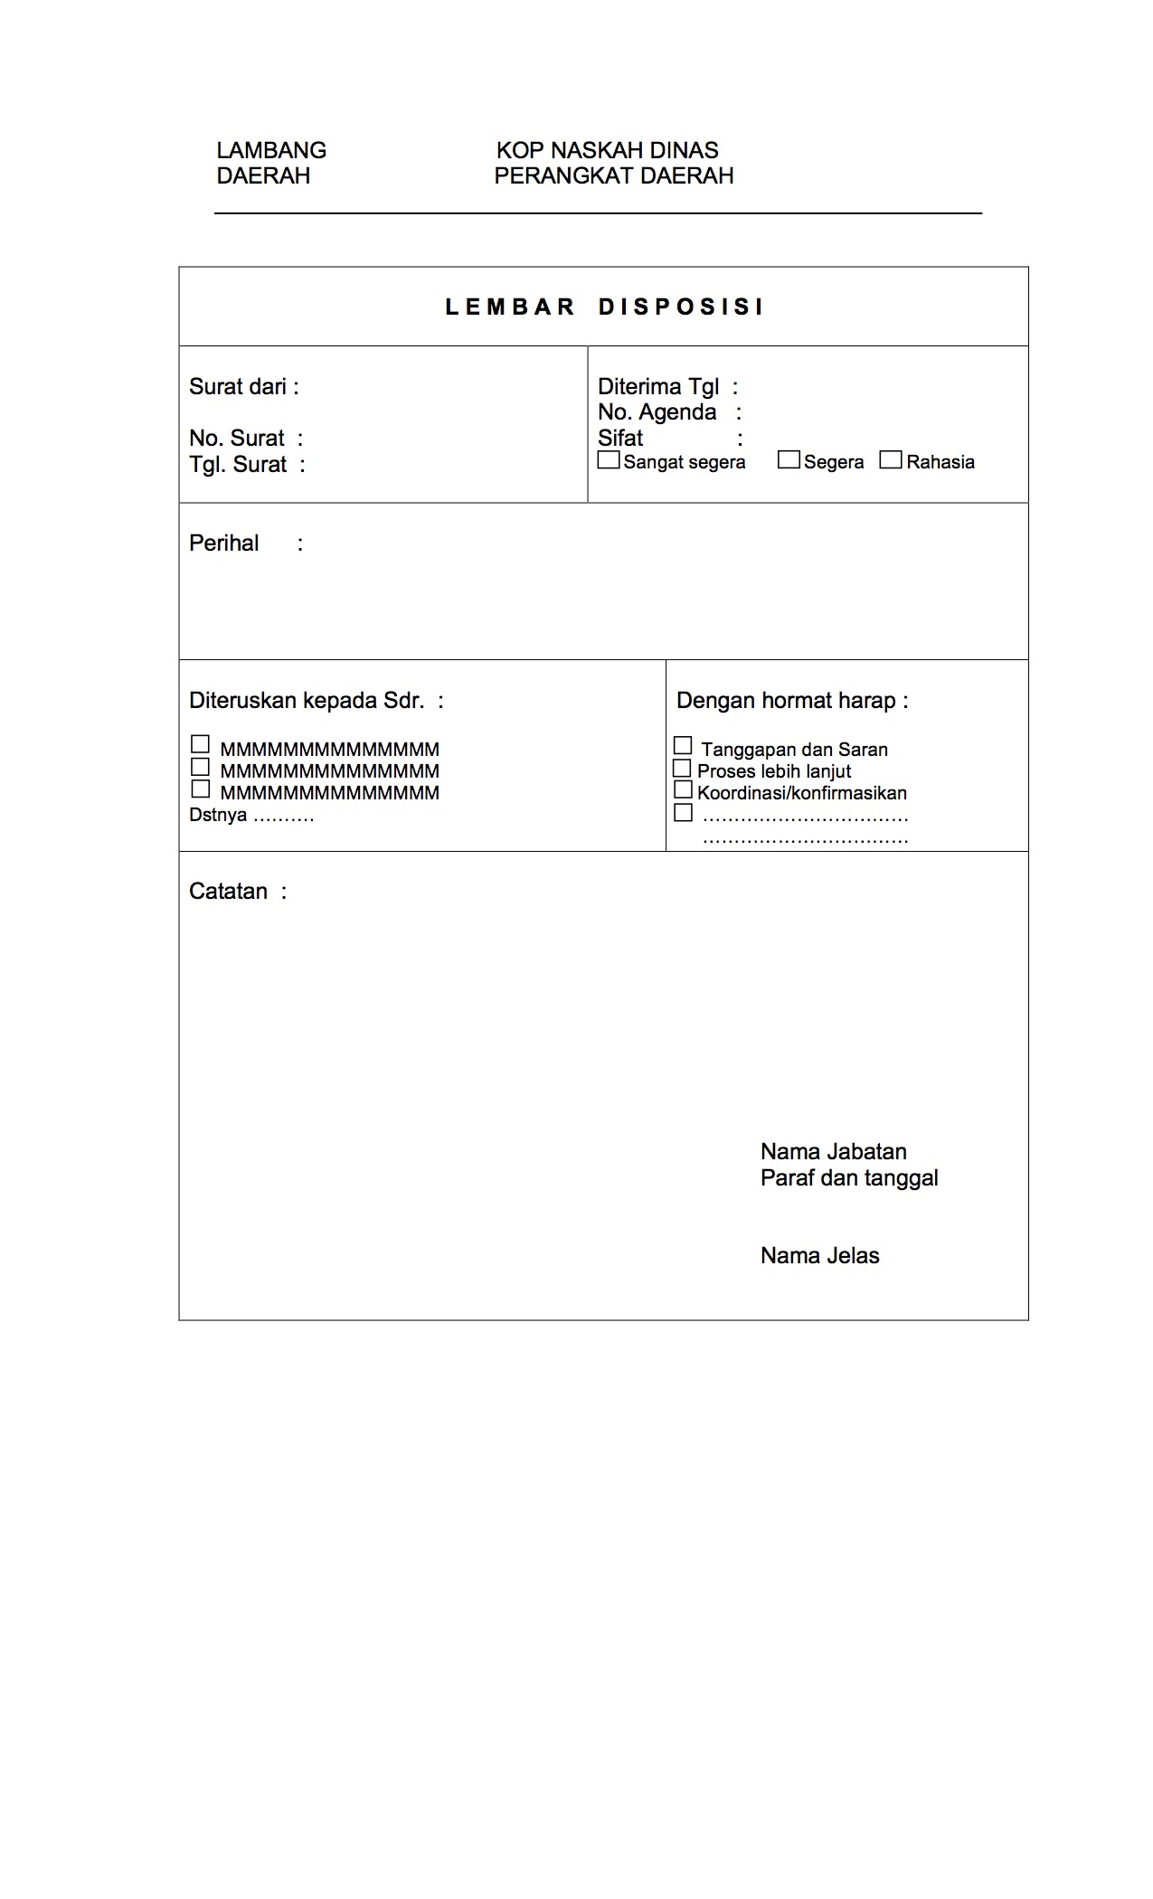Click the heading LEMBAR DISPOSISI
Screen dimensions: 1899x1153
pyautogui.click(x=604, y=307)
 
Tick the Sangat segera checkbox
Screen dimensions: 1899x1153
pyautogui.click(x=610, y=460)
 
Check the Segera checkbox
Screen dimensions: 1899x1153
pyautogui.click(x=789, y=460)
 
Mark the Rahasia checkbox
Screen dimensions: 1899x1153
pyautogui.click(x=891, y=460)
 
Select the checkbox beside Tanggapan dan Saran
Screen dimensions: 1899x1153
pyautogui.click(x=683, y=746)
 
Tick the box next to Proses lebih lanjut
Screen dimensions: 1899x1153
pyautogui.click(x=683, y=769)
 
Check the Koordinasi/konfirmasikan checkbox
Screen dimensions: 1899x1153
pyautogui.click(x=683, y=790)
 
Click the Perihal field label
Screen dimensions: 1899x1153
pyautogui.click(x=224, y=543)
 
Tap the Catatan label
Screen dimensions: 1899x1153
pyautogui.click(x=229, y=892)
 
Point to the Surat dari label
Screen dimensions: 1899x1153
pyautogui.click(x=238, y=387)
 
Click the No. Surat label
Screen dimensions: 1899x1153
pyautogui.click(x=237, y=439)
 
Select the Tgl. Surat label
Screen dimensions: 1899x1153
pyautogui.click(x=238, y=465)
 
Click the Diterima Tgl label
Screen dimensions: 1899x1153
pyautogui.click(x=658, y=387)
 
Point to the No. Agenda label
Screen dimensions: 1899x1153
pyautogui.click(x=657, y=412)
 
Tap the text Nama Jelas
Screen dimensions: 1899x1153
pyautogui.click(x=819, y=1256)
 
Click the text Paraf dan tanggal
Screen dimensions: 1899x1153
pyautogui.click(x=849, y=1178)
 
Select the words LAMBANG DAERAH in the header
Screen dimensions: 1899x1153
pyautogui.click(x=271, y=163)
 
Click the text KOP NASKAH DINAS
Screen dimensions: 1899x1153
pyautogui.click(x=608, y=150)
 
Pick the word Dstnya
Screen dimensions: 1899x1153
pyautogui.click(x=218, y=816)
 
